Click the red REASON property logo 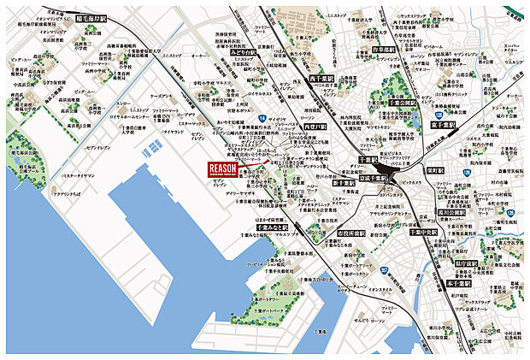[224, 169]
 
